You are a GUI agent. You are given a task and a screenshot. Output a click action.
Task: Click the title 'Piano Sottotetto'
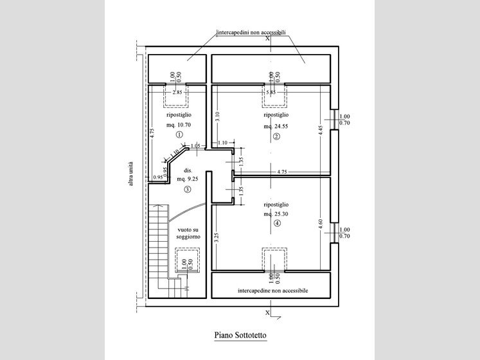coord(240,335)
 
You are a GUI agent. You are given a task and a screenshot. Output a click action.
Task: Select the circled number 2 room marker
coord(276,136)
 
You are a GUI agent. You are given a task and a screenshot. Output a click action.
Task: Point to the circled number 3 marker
coord(188,190)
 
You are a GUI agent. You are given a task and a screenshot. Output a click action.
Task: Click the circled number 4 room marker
coord(276,224)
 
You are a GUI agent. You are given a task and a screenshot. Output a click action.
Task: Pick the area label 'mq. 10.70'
coord(179,123)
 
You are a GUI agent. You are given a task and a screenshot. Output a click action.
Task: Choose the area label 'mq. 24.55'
coord(276,126)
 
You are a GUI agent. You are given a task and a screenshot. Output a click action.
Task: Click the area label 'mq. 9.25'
coord(188,179)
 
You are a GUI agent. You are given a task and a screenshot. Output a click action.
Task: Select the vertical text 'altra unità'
coord(131,174)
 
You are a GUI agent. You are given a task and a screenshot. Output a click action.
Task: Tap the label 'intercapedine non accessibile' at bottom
coord(272,291)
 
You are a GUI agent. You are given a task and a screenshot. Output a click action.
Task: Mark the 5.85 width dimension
coord(271,93)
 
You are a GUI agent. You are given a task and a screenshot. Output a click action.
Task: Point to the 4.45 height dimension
coord(319,128)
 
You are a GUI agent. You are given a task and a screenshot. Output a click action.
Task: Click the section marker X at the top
coord(267,38)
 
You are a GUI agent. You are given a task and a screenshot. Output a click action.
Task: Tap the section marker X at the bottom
coord(267,313)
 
